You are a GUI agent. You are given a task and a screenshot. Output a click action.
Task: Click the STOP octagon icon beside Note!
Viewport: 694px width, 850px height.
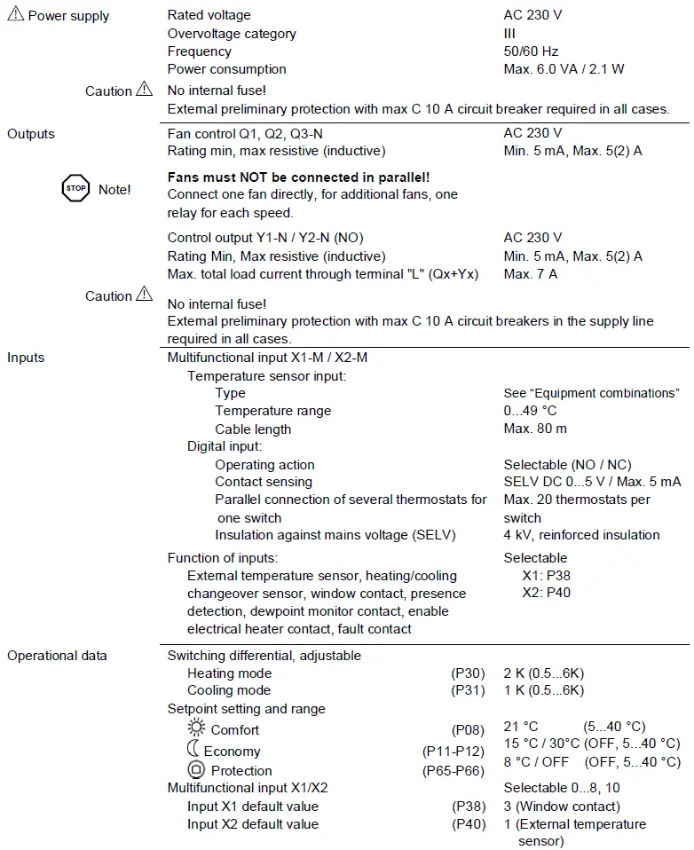tap(75, 189)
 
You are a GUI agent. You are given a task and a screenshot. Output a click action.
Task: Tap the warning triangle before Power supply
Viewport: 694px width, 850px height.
tap(15, 15)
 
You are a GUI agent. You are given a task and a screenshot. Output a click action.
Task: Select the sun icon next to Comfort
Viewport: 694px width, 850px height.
tap(196, 728)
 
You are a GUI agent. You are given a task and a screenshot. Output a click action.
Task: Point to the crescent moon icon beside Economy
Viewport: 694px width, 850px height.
tap(193, 750)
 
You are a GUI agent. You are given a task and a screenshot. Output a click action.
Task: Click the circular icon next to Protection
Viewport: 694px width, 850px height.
tap(196, 770)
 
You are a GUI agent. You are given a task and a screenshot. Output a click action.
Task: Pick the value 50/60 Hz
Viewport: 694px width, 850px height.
tap(531, 51)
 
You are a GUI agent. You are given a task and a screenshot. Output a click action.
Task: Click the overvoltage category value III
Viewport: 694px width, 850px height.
tap(509, 34)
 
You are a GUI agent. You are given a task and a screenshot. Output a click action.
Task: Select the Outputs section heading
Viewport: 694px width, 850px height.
tap(31, 134)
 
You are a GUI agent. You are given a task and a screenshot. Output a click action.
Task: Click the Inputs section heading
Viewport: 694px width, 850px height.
tap(26, 358)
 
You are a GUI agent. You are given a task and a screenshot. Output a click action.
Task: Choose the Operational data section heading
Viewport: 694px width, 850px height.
tap(57, 656)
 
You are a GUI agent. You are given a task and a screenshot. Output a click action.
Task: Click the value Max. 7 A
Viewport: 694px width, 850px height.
tap(530, 274)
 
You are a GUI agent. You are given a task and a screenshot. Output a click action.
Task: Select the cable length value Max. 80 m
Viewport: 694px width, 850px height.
tap(535, 429)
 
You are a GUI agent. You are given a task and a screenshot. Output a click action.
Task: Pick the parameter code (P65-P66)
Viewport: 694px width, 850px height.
tap(453, 771)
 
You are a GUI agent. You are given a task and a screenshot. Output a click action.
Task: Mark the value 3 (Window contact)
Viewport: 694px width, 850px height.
tap(562, 807)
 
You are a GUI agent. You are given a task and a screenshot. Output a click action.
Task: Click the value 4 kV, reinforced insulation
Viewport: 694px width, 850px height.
tap(581, 535)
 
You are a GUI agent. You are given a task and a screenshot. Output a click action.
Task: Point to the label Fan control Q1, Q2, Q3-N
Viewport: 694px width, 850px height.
tap(245, 133)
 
